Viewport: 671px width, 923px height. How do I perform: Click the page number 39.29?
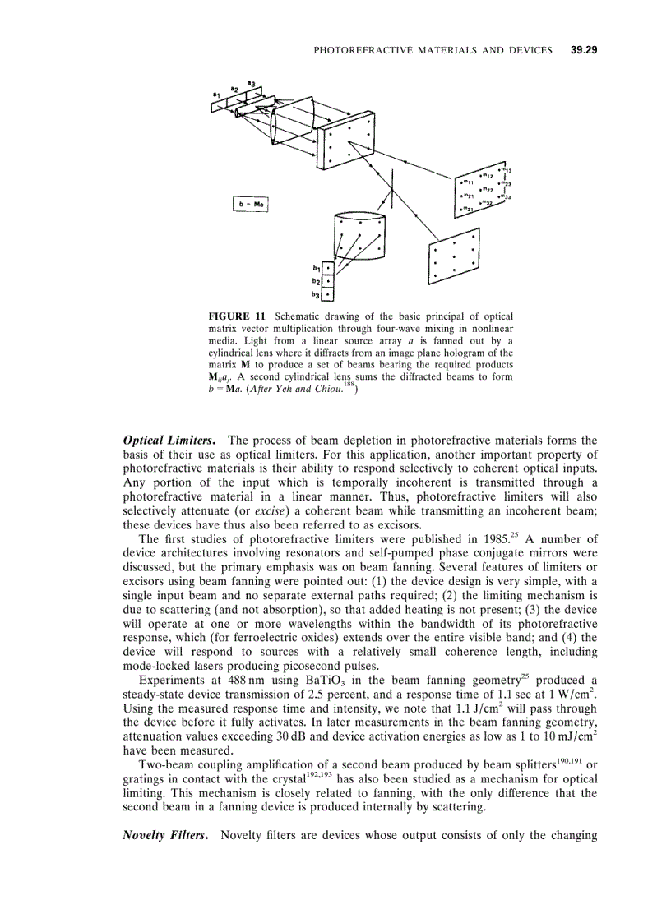pos(583,50)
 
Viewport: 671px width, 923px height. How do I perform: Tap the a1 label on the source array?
pos(216,95)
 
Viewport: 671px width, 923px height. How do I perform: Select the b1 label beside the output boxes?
pos(316,268)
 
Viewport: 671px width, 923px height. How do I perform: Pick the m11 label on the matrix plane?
pos(466,182)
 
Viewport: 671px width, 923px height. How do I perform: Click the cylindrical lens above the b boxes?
pos(360,237)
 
